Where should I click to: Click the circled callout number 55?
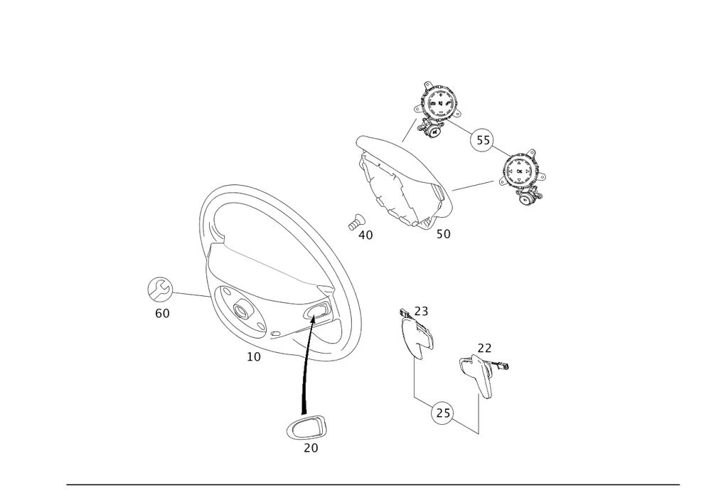pos(483,140)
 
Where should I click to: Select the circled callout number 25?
pos(443,413)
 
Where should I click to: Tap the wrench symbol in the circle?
pos(160,289)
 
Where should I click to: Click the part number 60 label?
pos(162,314)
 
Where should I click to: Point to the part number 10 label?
pos(254,357)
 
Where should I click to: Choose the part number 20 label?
pos(311,448)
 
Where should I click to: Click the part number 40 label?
pos(365,235)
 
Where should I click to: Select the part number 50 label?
pos(444,234)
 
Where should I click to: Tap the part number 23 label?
pos(421,311)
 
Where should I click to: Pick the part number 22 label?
pos(485,348)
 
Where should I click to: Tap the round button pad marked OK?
pos(520,171)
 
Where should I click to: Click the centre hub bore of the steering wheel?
pos(240,310)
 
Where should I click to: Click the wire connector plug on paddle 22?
pos(503,366)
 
